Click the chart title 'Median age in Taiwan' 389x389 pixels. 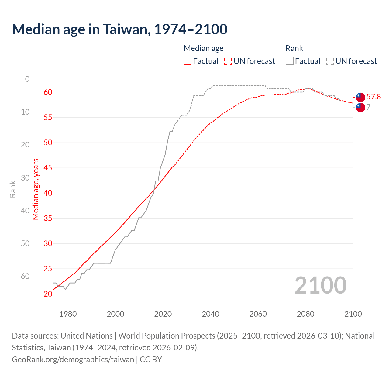pos(119,29)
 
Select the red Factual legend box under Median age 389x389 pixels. pos(188,61)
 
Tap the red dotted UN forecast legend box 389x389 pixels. pos(228,61)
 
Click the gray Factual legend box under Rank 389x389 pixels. pos(290,61)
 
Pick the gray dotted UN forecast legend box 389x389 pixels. pos(330,61)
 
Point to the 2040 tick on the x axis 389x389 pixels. pos(210,314)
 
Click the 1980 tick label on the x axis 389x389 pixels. pos(68,314)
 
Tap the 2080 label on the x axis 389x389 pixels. pos(305,314)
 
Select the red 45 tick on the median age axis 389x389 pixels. pos(48,168)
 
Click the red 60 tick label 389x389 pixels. pos(48,92)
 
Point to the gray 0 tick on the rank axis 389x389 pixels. pos(27,79)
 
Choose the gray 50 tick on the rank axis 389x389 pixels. pos(25,243)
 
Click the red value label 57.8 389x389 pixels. pos(374,97)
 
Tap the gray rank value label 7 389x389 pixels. pos(368,107)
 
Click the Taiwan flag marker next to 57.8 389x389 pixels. pos(360,97)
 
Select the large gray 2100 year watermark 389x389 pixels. pos(320,285)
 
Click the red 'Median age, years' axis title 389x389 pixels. pos(36,189)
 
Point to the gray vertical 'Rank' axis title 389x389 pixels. pos(13,189)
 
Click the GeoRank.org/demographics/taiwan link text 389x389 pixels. pos(73,360)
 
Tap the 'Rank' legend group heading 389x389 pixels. pos(294,48)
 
